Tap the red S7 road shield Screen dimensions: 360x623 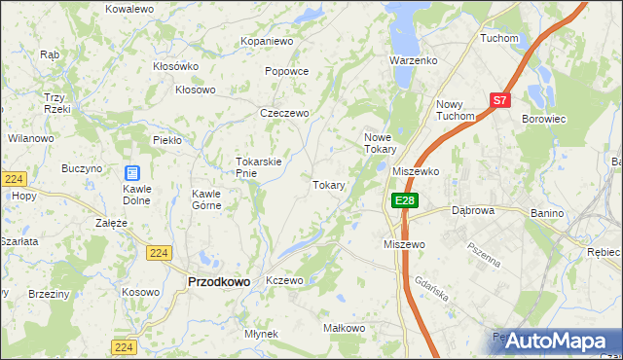499,99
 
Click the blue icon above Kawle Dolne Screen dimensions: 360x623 131,172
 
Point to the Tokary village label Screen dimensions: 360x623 328,185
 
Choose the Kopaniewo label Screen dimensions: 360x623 268,42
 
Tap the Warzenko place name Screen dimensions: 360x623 415,60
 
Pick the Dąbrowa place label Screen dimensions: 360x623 474,210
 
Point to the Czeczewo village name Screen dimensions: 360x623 284,113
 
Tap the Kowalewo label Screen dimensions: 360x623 130,8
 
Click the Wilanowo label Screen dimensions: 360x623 30,139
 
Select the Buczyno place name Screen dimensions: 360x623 82,168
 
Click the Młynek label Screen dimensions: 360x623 262,334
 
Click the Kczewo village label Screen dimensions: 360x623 285,280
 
